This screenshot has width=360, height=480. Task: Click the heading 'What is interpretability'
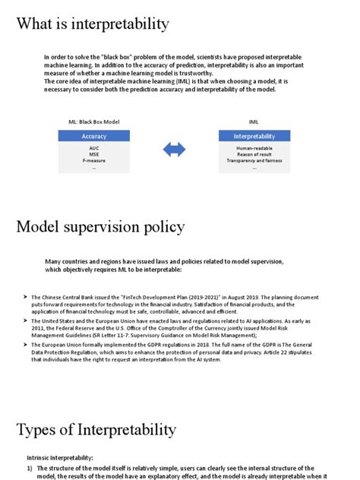pos(93,24)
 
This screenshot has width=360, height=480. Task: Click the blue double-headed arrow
pos(174,150)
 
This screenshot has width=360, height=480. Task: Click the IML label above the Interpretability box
pos(254,122)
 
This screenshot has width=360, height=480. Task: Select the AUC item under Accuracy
pos(93,147)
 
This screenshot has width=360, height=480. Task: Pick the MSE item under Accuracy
pos(93,154)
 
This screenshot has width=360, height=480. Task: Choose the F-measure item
pos(93,161)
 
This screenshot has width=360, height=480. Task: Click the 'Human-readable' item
pos(254,147)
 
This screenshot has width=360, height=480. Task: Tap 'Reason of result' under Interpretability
pos(254,154)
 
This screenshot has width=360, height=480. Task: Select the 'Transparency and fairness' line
pos(254,161)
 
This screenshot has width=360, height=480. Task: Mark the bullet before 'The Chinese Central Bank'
pos(26,297)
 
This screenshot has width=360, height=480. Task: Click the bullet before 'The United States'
pos(26,321)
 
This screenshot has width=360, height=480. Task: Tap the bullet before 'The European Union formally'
pos(26,346)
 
